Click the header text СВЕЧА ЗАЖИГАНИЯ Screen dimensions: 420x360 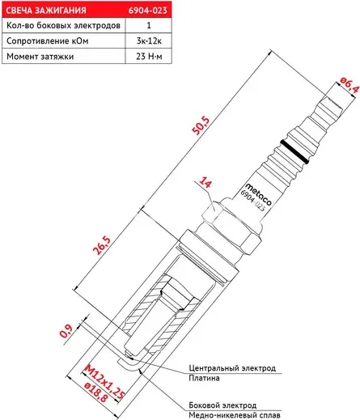tap(43, 9)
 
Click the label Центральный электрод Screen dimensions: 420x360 tap(231, 368)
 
